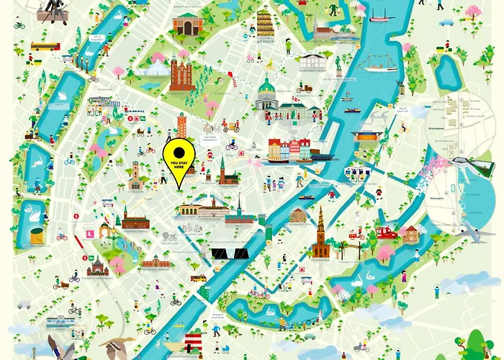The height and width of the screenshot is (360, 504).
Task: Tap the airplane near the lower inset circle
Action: [469, 232]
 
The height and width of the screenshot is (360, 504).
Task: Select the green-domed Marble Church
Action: [266, 94]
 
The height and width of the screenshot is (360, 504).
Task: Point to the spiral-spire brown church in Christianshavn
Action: [320, 235]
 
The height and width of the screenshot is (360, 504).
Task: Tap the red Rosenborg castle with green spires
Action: [181, 73]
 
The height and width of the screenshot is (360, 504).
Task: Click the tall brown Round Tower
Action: [182, 125]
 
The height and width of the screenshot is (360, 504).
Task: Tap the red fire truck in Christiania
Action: [387, 232]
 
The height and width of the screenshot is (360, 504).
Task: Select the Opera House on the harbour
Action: [367, 138]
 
